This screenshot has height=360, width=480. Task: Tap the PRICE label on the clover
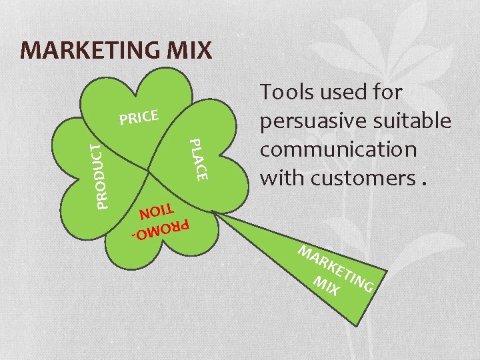pos(138,118)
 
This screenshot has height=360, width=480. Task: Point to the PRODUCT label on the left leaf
pos(97,175)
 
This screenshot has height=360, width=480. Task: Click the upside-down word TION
pos(155,213)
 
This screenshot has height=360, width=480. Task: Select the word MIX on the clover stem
pos(327,286)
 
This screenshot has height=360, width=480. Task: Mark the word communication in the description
pos(338,149)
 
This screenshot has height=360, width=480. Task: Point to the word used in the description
pos(352,93)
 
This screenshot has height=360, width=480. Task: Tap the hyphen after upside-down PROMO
pos(133,236)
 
